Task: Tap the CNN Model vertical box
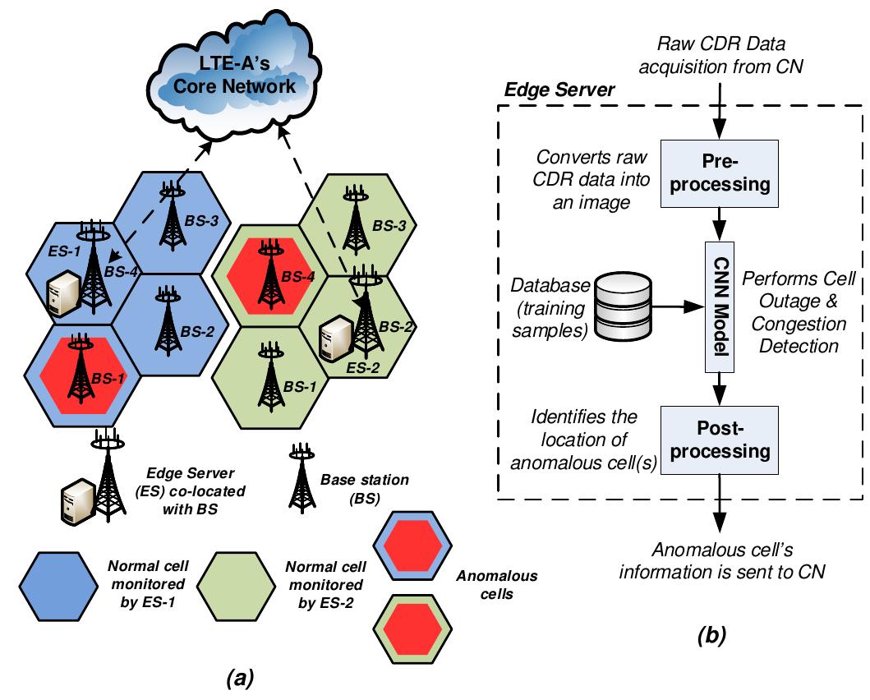pyautogui.click(x=721, y=305)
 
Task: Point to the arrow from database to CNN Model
pyautogui.click(x=674, y=306)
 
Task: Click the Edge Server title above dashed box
pyautogui.click(x=559, y=90)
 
